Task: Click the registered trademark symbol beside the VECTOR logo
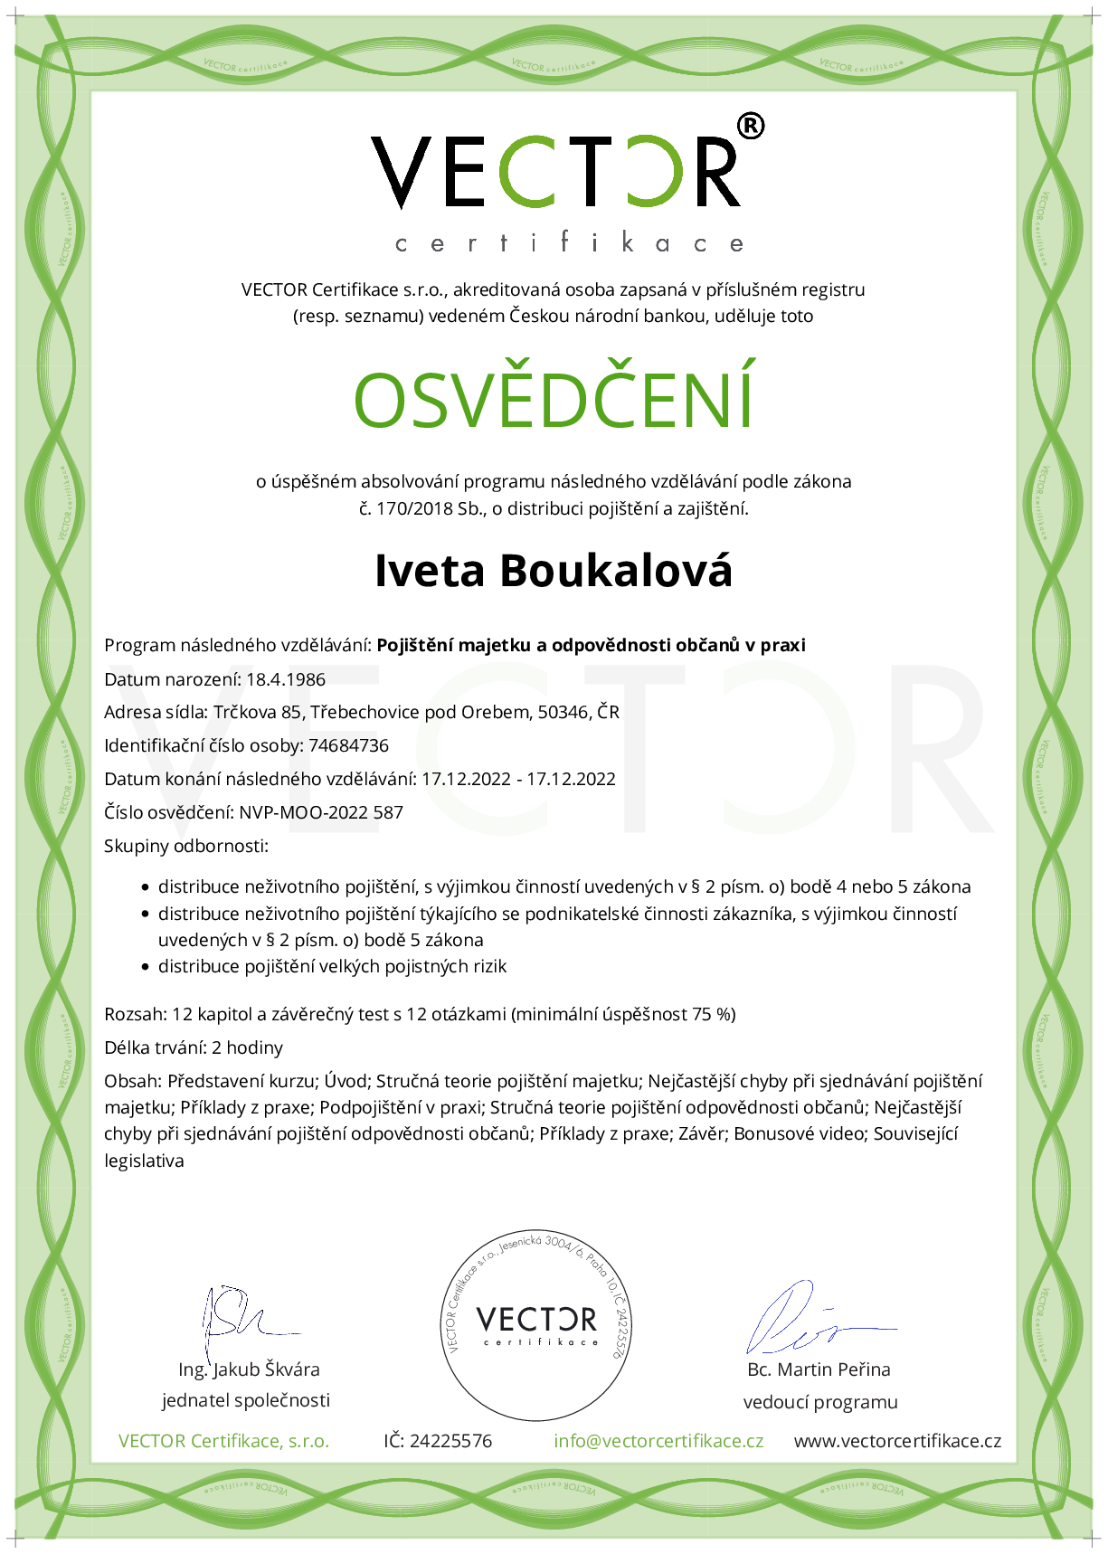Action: click(x=751, y=126)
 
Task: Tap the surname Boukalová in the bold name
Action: click(x=616, y=571)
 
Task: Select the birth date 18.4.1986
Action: click(x=286, y=679)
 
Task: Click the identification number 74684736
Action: click(x=348, y=745)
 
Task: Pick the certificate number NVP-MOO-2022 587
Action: click(x=321, y=812)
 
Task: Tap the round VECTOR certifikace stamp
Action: click(x=537, y=1324)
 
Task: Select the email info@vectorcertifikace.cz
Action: click(x=658, y=1441)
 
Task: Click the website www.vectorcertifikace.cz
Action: click(x=897, y=1441)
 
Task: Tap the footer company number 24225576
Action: click(x=450, y=1441)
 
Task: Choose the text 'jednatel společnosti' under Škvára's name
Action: click(x=246, y=1400)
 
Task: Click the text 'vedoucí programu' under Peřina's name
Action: click(x=820, y=1402)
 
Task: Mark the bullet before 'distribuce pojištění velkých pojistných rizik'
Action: click(x=145, y=967)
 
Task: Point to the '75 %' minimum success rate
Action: click(x=714, y=1014)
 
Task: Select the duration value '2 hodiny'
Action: click(x=248, y=1047)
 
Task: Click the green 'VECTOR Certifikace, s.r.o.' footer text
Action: click(x=223, y=1441)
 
